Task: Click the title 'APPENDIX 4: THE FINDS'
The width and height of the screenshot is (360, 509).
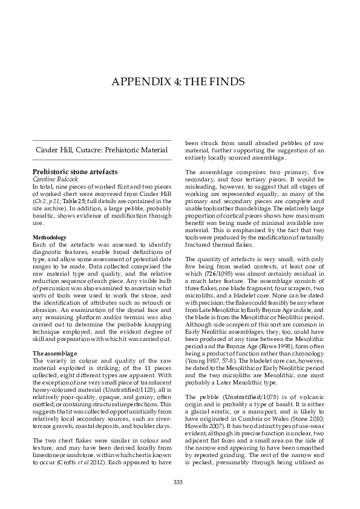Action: (x=180, y=82)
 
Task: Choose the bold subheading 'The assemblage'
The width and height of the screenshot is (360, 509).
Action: (x=52, y=352)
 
